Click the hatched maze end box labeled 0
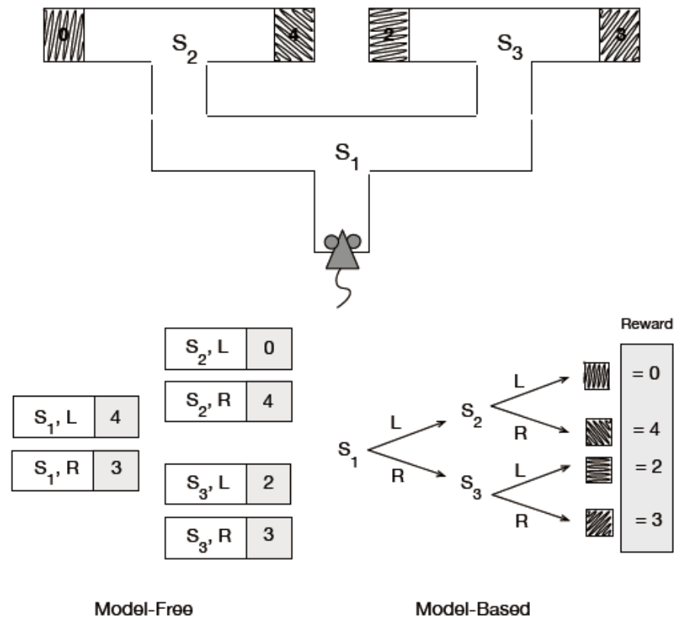tap(63, 35)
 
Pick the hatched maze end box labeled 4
tap(294, 35)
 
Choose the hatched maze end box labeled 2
tap(388, 35)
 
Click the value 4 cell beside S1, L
tap(116, 416)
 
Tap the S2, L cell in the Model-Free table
tap(206, 349)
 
